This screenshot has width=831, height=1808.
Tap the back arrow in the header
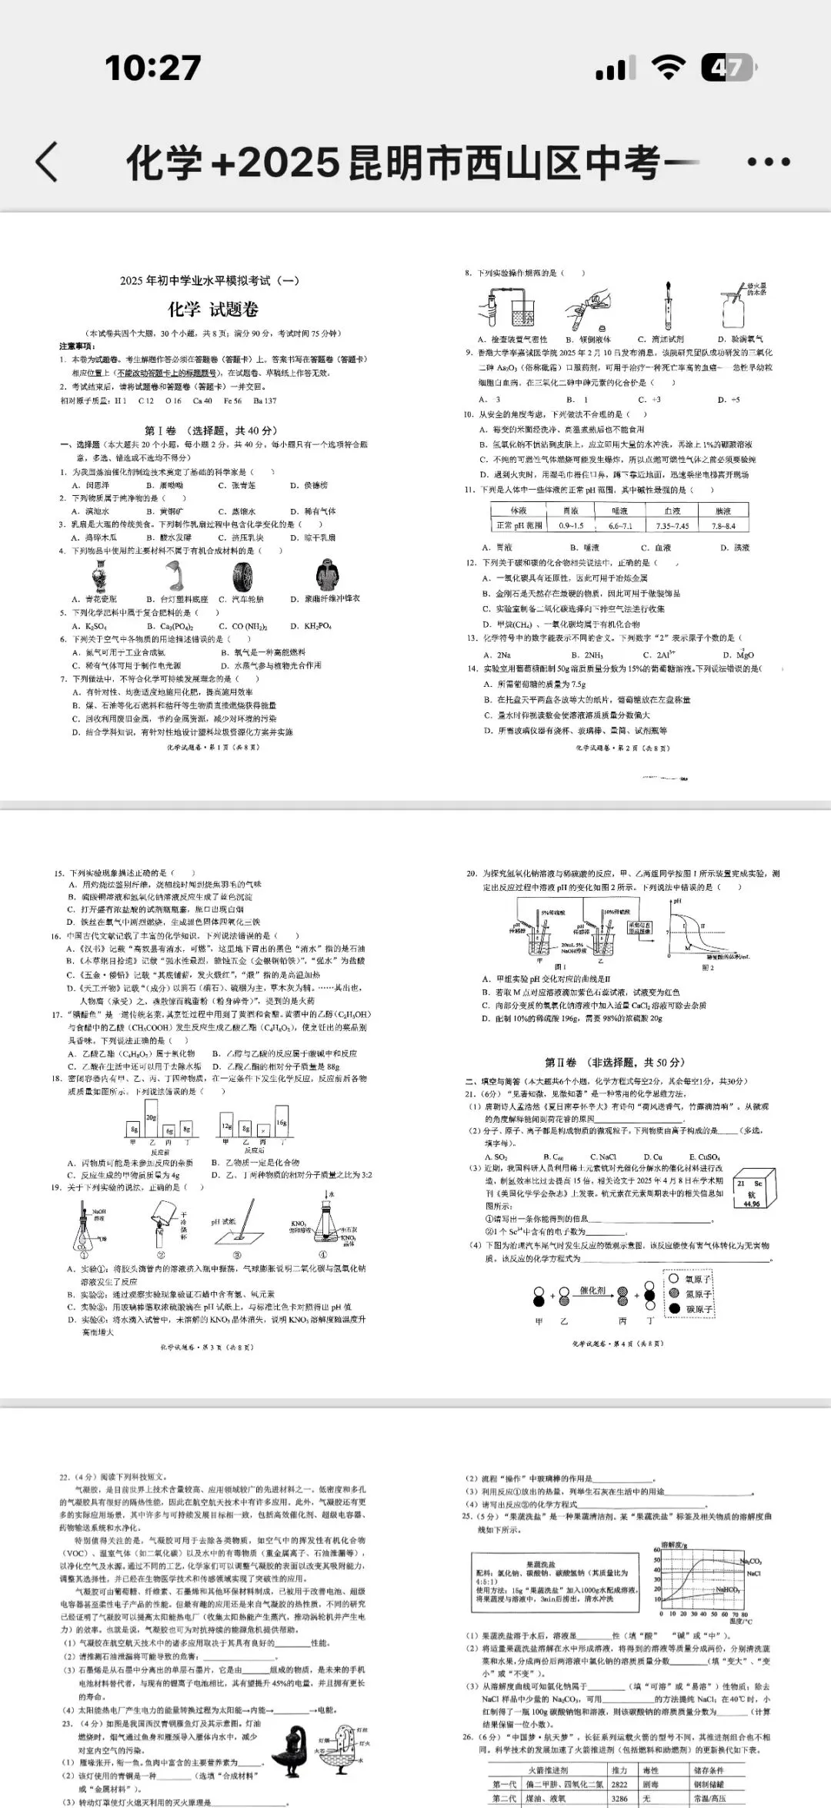[x=47, y=162]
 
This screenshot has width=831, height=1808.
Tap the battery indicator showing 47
[x=727, y=69]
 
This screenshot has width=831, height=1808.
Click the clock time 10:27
[x=153, y=68]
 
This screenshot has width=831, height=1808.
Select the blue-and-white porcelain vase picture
[x=98, y=576]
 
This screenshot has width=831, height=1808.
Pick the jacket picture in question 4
[x=328, y=576]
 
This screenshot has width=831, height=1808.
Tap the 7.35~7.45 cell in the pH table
[x=672, y=526]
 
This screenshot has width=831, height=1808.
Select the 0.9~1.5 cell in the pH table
[x=571, y=526]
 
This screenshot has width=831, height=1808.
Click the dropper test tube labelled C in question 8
[x=668, y=306]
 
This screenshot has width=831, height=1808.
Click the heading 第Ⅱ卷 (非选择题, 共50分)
[x=614, y=1062]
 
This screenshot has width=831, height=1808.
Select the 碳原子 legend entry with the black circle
[x=692, y=1308]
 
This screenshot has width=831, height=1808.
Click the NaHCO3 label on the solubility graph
[x=726, y=1591]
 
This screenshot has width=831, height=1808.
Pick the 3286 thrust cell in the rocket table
[x=619, y=1799]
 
